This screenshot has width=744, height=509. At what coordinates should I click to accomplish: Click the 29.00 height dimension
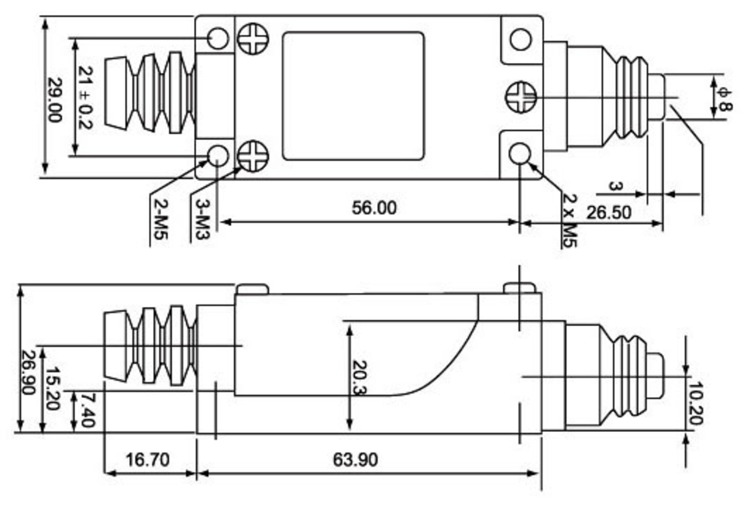(x=55, y=100)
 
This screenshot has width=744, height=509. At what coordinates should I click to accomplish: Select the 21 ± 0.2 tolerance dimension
(x=85, y=98)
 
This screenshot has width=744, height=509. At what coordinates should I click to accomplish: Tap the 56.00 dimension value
(x=374, y=208)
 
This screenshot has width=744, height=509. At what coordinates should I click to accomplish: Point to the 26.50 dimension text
(x=608, y=213)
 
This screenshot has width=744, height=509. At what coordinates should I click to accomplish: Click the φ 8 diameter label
(x=723, y=99)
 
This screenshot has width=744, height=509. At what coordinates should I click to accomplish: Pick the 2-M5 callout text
(x=161, y=218)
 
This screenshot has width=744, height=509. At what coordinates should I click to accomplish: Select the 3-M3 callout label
(x=203, y=218)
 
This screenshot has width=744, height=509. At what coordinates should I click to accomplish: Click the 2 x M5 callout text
(x=569, y=220)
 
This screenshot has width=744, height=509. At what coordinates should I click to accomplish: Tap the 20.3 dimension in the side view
(x=360, y=378)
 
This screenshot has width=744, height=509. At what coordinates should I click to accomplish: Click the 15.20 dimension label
(x=52, y=388)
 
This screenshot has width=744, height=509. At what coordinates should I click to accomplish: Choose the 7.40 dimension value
(x=88, y=410)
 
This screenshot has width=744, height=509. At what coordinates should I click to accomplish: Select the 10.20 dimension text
(x=694, y=404)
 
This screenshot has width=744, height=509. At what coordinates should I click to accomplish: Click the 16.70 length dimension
(x=147, y=459)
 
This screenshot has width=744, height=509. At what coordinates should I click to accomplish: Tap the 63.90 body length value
(x=355, y=459)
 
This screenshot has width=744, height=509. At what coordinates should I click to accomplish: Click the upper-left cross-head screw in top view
(x=253, y=39)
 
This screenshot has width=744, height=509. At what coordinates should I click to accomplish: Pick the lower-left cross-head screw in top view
(x=253, y=156)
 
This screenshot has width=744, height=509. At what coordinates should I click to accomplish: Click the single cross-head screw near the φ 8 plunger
(x=521, y=97)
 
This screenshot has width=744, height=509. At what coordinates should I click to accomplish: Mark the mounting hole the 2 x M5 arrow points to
(x=520, y=155)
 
